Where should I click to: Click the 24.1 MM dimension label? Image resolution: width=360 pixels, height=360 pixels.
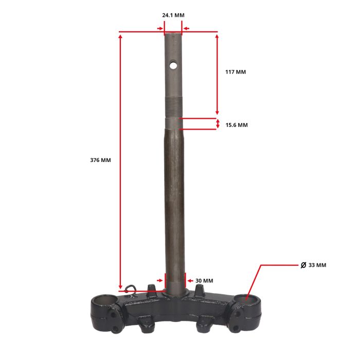pos(173,15)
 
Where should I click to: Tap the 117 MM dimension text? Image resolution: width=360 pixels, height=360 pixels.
pos(236,72)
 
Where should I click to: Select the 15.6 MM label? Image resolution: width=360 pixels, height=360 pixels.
pos(237,125)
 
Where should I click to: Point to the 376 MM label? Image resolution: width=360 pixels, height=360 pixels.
pos(100,160)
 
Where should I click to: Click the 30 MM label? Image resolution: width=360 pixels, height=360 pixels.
pos(204,281)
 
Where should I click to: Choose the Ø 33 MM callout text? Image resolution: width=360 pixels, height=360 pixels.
pos(313,265)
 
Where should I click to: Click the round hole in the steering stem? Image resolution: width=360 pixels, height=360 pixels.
pos(173,66)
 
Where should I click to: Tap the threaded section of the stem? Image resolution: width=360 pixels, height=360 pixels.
pos(174,107)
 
